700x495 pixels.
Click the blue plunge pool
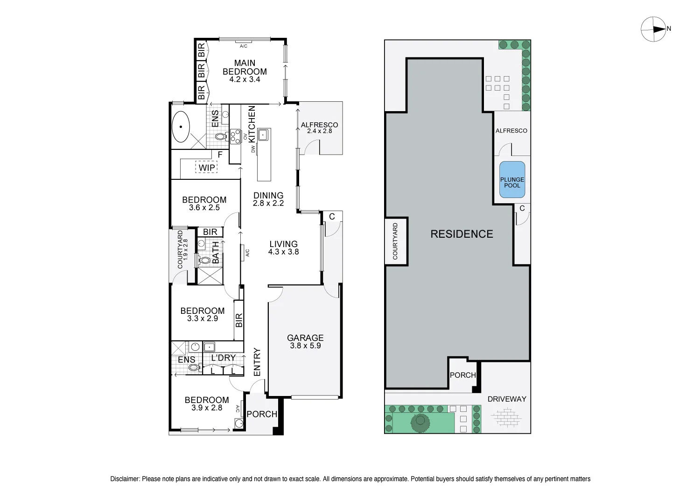coord(512,179)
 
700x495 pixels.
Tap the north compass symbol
coord(655,29)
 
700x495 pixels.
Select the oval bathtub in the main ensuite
coord(181,127)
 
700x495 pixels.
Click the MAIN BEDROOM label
coord(245,67)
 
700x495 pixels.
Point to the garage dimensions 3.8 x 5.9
coord(305,346)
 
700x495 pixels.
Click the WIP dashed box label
coord(207,168)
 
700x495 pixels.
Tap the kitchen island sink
coord(263,135)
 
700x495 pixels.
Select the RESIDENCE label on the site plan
coord(462,234)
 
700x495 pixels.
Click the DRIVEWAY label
coord(507,399)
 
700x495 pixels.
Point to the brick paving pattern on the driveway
coord(506,417)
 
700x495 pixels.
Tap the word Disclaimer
coord(125,479)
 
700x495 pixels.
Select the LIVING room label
coord(283,244)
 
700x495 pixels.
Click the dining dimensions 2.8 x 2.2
coord(268,203)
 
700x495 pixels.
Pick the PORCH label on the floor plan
coord(262,414)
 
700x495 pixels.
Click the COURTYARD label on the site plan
coord(395,241)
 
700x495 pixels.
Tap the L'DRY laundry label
coord(223,357)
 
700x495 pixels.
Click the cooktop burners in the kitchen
coord(235,137)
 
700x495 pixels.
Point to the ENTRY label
coord(257,362)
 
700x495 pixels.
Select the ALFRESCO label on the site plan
coord(511,131)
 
